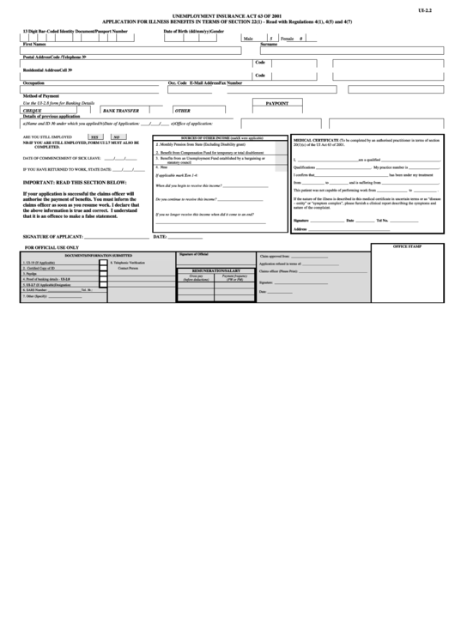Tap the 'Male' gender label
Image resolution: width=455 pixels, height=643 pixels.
click(248, 39)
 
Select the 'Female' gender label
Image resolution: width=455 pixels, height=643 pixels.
click(287, 39)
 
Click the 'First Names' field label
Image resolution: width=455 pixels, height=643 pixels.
click(35, 44)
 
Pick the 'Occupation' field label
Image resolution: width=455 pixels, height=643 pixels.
click(33, 83)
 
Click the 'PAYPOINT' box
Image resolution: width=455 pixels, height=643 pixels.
click(277, 102)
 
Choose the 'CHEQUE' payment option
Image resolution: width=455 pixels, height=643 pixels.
click(33, 111)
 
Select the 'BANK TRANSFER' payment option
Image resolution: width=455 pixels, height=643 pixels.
click(120, 111)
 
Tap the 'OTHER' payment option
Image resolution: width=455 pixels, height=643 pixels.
click(182, 111)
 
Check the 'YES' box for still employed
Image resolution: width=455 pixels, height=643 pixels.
click(95, 137)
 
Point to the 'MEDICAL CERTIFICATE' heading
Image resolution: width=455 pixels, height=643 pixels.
click(317, 138)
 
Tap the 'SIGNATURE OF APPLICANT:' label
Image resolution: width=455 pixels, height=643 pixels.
click(56, 236)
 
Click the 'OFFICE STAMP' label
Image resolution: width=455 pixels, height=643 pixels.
click(408, 246)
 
